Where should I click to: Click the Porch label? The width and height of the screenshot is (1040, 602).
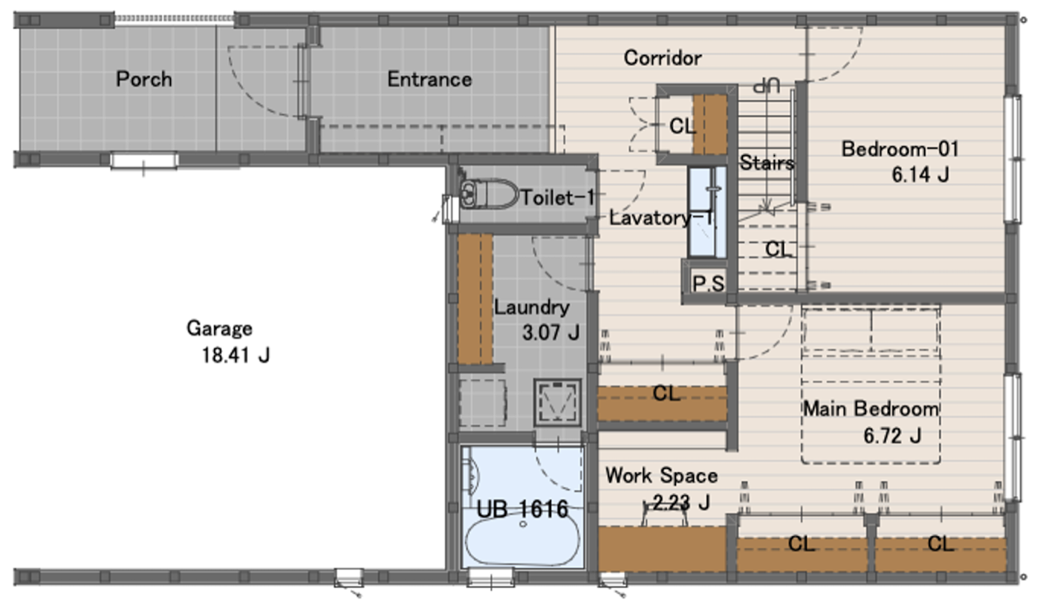144,79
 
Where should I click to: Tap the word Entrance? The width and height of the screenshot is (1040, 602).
429,79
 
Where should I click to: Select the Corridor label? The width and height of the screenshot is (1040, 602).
663,58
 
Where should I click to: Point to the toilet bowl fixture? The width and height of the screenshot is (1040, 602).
489,194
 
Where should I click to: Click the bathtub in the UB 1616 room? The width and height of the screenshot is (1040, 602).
523,540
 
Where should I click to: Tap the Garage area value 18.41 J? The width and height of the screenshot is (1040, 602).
236,356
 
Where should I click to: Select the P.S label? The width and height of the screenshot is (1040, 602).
708,284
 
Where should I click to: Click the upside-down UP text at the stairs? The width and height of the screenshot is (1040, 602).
766,86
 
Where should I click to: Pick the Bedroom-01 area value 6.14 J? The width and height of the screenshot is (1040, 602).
920,175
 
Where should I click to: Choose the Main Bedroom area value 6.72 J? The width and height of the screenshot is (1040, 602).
892,436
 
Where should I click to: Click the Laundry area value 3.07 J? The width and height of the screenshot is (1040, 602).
551,333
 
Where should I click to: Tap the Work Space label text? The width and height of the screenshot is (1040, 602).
662,475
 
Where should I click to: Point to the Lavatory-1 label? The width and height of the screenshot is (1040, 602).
662,217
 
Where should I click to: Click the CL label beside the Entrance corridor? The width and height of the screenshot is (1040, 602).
682,126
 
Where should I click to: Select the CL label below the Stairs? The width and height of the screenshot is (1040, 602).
779,249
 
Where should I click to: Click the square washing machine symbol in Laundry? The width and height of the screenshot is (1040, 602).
558,402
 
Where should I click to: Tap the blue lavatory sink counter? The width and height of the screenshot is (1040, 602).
707,212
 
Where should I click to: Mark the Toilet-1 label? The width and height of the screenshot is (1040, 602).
558,198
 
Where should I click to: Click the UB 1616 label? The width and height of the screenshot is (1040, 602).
522,509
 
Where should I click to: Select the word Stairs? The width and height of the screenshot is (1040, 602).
767,163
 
